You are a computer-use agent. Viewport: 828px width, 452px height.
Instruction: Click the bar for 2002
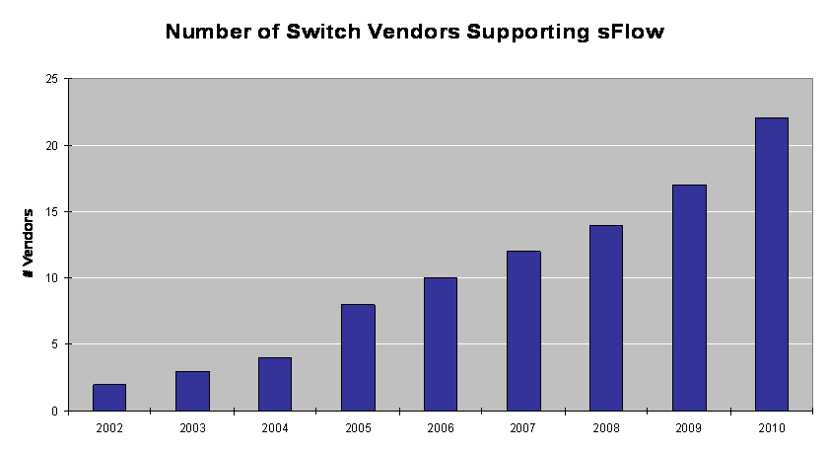point(109,398)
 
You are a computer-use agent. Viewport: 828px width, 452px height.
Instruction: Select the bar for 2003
point(192,391)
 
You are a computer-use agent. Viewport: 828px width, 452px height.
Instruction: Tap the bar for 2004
point(275,384)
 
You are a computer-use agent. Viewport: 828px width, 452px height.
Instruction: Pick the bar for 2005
point(358,357)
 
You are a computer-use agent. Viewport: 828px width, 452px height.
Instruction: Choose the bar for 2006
point(441,344)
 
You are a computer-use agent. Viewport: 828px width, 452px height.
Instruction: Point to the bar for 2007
point(523,331)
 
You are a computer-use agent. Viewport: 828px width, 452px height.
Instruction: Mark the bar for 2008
point(606,318)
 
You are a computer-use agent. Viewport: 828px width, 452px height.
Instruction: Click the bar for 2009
point(689,298)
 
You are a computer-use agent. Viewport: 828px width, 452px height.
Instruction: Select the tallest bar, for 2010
point(772,264)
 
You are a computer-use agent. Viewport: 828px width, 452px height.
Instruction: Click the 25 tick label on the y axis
point(53,79)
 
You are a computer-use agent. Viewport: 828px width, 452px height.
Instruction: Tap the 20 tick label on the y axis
point(53,145)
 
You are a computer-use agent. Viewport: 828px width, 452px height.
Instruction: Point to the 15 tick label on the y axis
point(53,211)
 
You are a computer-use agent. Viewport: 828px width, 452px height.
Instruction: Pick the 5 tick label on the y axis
point(56,344)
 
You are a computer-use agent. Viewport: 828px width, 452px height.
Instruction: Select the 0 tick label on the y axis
point(56,411)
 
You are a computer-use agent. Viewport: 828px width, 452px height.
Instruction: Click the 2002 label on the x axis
point(109,427)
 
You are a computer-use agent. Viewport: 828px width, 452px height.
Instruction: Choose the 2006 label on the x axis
point(441,427)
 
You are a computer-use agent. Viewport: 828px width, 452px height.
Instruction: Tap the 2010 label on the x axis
point(772,427)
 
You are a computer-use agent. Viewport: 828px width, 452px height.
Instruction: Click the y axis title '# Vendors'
point(29,243)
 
